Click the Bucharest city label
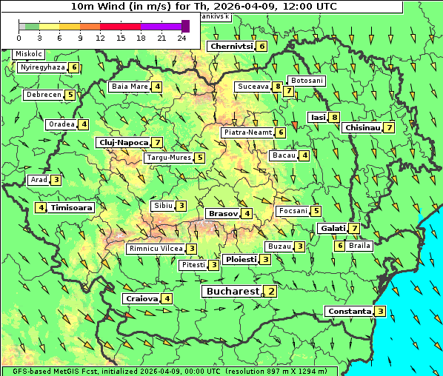pyautogui.click(x=231, y=292)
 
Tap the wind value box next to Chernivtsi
pyautogui.click(x=262, y=46)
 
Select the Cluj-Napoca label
pyautogui.click(x=122, y=142)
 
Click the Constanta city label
pyautogui.click(x=348, y=311)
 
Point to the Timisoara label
pyautogui.click(x=72, y=208)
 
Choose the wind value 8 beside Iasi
pyautogui.click(x=335, y=117)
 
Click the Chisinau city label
pyautogui.click(x=362, y=127)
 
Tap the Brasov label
pyautogui.click(x=222, y=213)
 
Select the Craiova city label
pyautogui.click(x=141, y=298)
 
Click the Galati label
pyautogui.click(x=332, y=228)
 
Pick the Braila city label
pyautogui.click(x=359, y=245)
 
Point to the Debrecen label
pyautogui.click(x=42, y=95)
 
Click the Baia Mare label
pyautogui.click(x=129, y=87)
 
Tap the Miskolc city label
pyautogui.click(x=28, y=54)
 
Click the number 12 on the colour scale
pyautogui.click(x=100, y=37)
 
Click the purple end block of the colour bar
pyautogui.click(x=185, y=26)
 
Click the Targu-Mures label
pyautogui.click(x=168, y=158)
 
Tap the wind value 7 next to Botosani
pyautogui.click(x=288, y=91)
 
